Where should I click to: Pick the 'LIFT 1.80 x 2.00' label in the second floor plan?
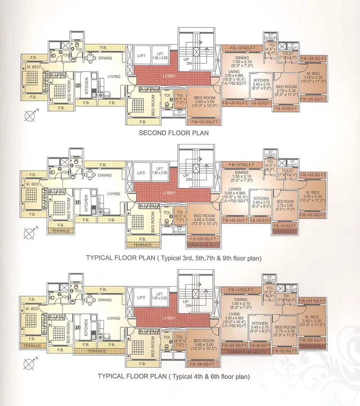(159, 56)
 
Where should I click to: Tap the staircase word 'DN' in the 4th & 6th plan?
(188, 305)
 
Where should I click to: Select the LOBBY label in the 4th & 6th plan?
(169, 318)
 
